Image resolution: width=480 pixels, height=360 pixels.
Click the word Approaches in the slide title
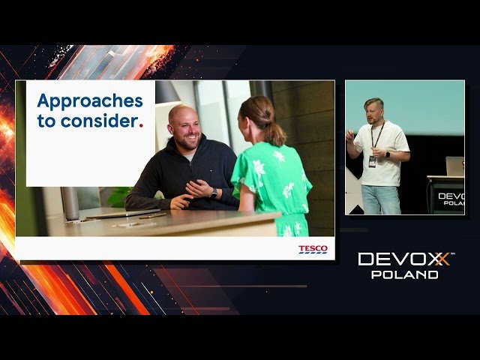(x=89, y=100)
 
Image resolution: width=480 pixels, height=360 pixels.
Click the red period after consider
(x=141, y=124)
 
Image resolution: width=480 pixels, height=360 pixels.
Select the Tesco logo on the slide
(x=313, y=249)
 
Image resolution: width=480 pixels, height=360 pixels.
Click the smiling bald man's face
(x=185, y=128)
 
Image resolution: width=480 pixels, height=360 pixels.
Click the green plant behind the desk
(x=120, y=196)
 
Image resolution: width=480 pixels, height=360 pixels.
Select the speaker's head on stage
(x=373, y=110)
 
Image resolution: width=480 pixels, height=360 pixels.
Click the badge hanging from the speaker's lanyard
(x=372, y=160)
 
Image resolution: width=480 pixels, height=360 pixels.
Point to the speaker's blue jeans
(x=380, y=199)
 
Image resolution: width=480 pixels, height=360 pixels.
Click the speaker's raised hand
(x=350, y=136)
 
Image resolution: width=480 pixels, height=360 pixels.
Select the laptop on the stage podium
(x=454, y=166)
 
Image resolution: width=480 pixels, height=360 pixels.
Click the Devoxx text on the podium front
(x=451, y=196)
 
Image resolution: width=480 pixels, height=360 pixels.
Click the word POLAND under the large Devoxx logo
(x=405, y=274)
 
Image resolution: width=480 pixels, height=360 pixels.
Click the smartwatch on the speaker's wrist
(x=388, y=154)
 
